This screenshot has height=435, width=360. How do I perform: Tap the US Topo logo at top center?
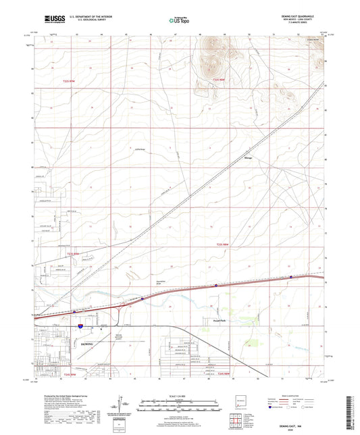tap(180, 20)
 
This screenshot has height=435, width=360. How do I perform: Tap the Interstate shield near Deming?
tap(79, 326)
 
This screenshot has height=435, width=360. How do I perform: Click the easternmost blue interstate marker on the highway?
tap(290, 277)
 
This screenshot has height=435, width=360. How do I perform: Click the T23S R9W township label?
tap(62, 80)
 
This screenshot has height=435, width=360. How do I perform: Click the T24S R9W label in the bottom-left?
tap(71, 373)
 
